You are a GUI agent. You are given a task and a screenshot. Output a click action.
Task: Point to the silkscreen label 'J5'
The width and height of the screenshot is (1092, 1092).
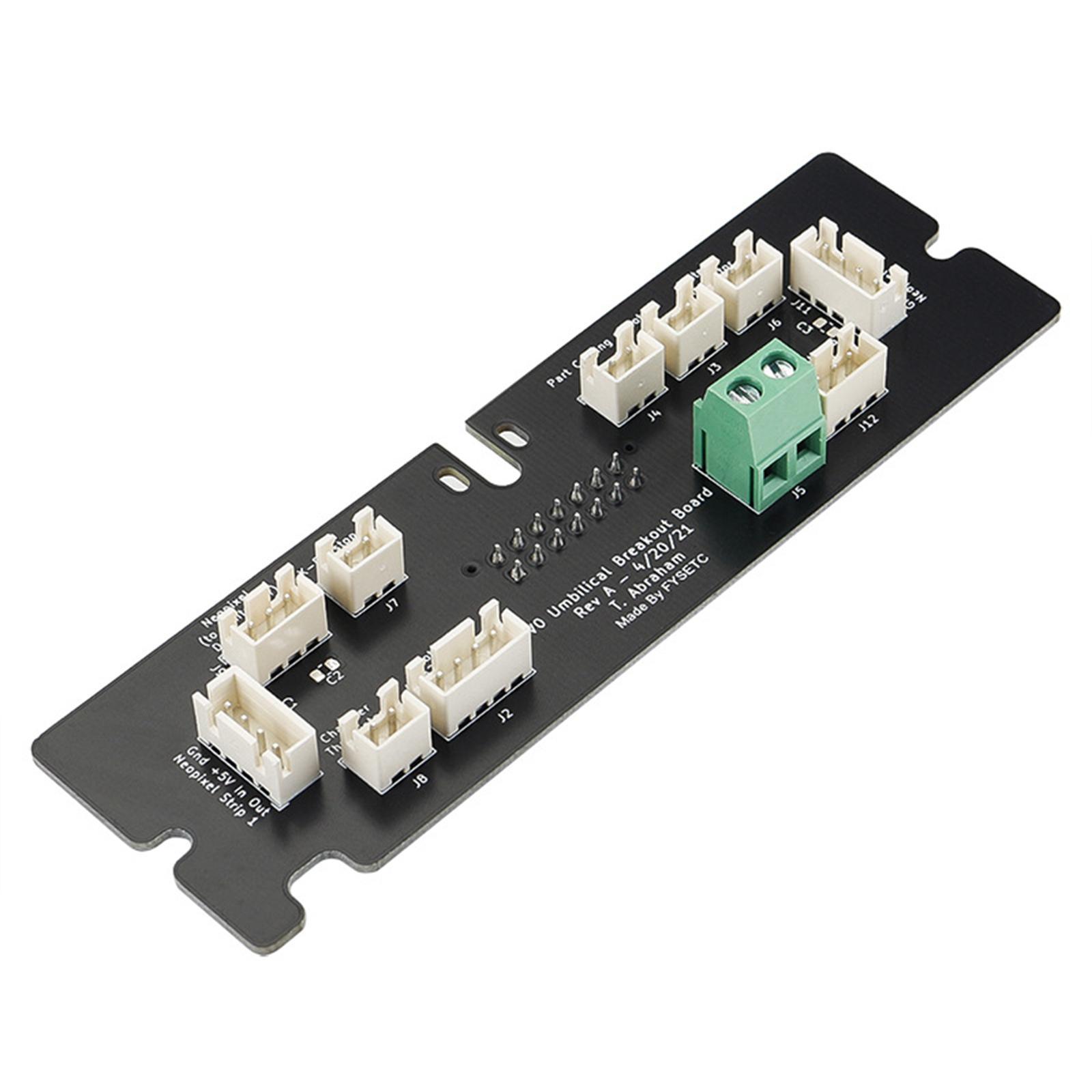pyautogui.click(x=798, y=490)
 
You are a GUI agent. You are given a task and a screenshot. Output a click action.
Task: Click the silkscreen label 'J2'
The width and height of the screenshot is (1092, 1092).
pyautogui.click(x=504, y=715)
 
